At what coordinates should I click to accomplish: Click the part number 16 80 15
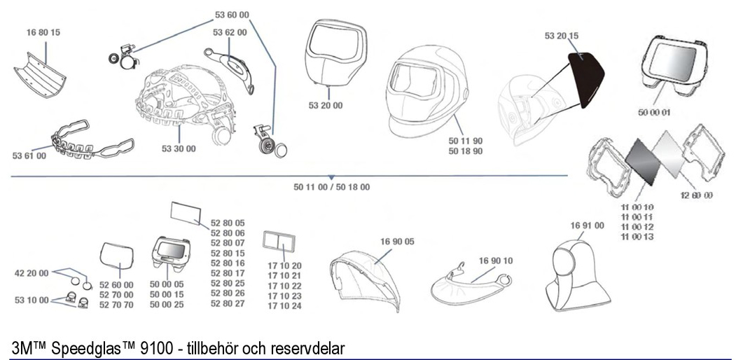click(43, 32)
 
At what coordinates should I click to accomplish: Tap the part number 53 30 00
click(179, 148)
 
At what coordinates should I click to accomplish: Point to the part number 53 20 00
click(326, 106)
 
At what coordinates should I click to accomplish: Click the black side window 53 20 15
click(585, 77)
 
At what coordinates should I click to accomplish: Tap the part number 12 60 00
click(696, 195)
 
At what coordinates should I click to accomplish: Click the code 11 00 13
click(637, 237)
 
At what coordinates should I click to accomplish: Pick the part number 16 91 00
click(586, 226)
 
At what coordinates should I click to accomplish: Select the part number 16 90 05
click(398, 242)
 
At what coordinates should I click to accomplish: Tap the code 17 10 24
click(285, 306)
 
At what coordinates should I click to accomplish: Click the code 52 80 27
click(228, 303)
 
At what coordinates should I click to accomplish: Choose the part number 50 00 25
click(167, 305)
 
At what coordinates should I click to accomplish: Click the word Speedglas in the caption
click(77, 347)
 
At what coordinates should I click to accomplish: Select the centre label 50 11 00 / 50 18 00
click(332, 187)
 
